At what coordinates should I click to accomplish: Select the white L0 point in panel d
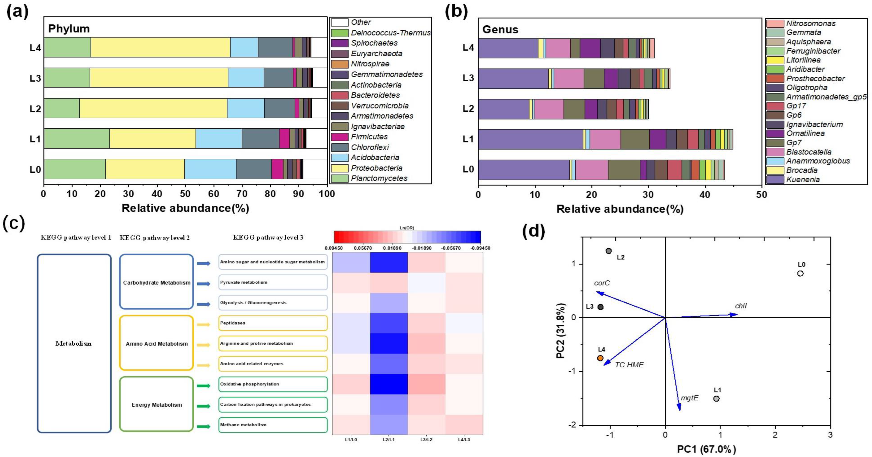(800, 273)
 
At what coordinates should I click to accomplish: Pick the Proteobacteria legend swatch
(340, 168)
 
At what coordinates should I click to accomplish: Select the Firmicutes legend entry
(369, 137)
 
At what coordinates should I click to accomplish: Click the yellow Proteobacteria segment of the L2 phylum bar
(153, 108)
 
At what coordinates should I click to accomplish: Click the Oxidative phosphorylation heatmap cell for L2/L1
(389, 384)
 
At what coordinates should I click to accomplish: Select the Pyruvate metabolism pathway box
(273, 282)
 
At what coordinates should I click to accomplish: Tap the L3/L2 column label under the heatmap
(426, 439)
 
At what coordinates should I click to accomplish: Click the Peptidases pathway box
(273, 323)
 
